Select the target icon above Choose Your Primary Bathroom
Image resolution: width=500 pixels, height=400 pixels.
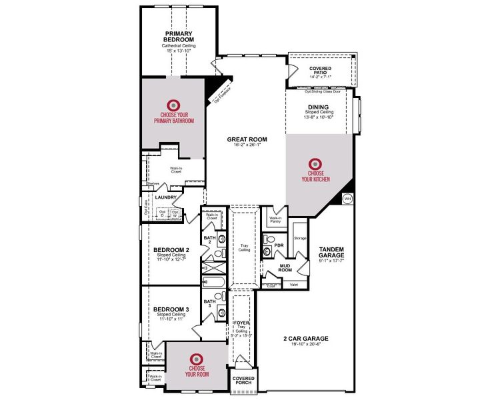173,105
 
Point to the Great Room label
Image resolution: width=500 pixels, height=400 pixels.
247,139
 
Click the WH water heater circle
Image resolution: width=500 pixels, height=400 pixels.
347,198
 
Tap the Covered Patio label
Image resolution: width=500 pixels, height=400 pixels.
325,71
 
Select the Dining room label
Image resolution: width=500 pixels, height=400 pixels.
318,106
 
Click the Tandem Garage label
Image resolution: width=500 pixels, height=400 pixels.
331,252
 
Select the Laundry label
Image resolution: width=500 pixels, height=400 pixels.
165,197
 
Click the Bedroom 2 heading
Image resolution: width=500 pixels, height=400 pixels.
172,250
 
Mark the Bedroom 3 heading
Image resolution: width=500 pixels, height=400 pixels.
171,309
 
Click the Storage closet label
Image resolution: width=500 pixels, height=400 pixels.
300,237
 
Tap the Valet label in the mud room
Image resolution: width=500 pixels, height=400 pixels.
293,285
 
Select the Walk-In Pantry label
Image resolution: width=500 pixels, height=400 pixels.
275,219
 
